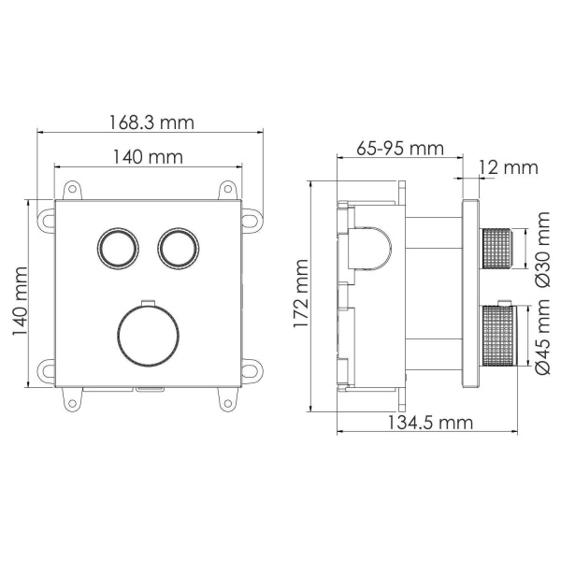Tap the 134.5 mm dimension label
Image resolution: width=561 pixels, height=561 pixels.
429,423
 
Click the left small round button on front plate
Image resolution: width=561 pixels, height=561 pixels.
117,248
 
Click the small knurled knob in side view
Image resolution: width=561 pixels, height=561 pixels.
497,249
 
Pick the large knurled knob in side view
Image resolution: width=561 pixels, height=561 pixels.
497,342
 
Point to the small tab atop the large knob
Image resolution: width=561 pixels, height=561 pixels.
148,303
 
